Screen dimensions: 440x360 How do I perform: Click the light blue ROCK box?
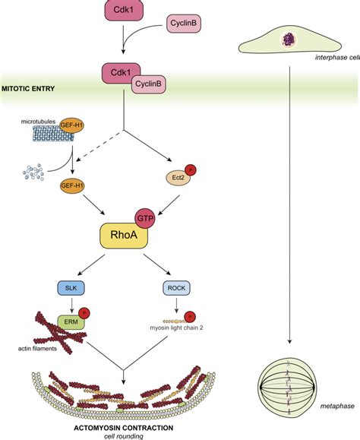point(176,288)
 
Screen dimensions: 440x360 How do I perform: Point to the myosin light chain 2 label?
point(176,328)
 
